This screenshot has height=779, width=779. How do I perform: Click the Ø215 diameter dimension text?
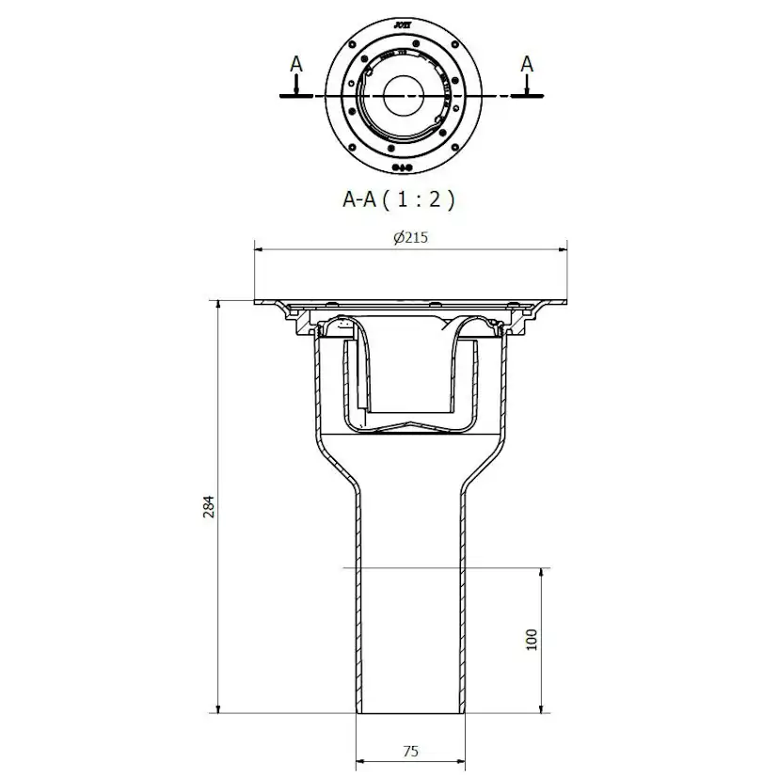click(x=410, y=238)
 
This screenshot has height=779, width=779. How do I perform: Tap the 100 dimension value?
click(x=531, y=640)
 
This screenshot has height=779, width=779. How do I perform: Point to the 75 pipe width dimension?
click(x=410, y=751)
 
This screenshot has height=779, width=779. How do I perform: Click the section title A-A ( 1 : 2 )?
click(x=398, y=199)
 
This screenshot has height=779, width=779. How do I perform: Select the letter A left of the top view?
click(x=296, y=64)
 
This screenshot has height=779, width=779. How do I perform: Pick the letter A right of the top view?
click(x=527, y=64)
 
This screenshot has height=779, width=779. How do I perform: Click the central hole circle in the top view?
click(x=405, y=96)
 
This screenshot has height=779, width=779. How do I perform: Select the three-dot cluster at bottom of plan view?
click(x=402, y=167)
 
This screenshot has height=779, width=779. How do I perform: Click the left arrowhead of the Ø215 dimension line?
click(x=259, y=249)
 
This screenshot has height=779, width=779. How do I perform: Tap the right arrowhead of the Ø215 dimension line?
click(x=565, y=249)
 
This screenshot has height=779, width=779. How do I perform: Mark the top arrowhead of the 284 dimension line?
click(x=219, y=305)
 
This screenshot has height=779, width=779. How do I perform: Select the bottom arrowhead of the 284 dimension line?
click(x=219, y=708)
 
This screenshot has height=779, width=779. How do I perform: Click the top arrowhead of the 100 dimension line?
click(x=541, y=572)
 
